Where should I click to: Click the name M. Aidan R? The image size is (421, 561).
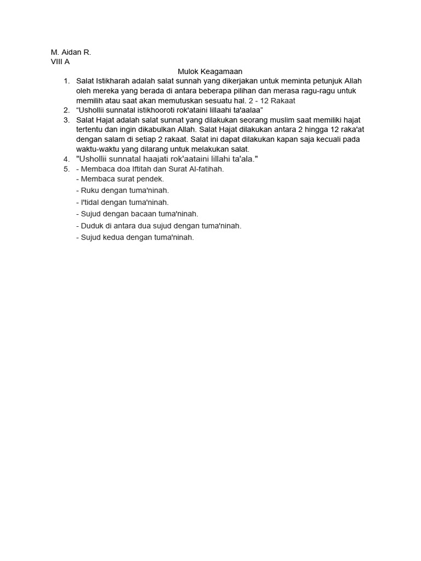(x=71, y=52)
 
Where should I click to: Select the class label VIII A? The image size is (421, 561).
(x=60, y=61)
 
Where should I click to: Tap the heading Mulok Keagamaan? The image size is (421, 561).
(x=210, y=71)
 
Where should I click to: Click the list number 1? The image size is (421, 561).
(x=66, y=81)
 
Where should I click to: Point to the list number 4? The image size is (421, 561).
(x=66, y=159)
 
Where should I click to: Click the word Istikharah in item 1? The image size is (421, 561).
(x=112, y=81)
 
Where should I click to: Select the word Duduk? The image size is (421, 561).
(x=92, y=225)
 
